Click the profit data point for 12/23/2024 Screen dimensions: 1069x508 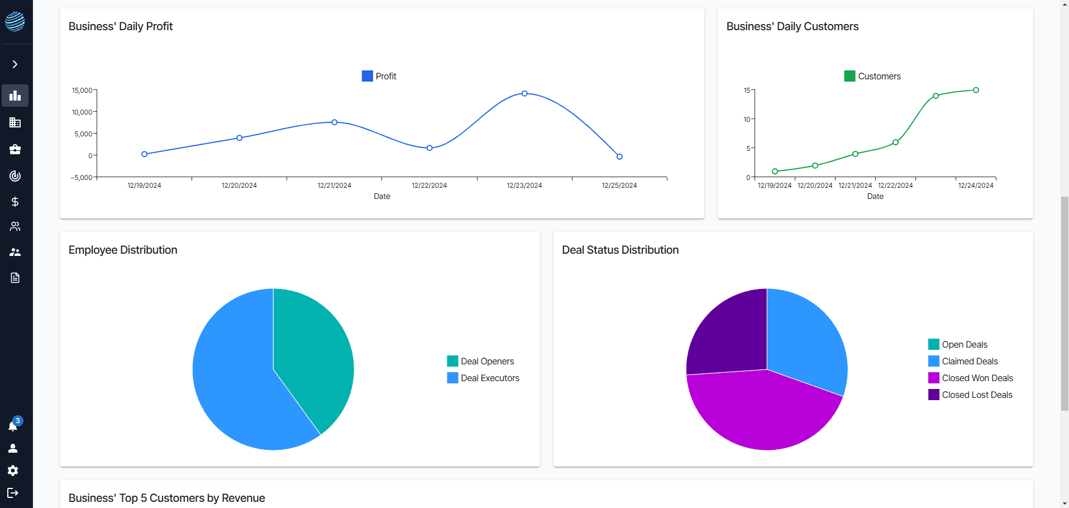click(x=524, y=93)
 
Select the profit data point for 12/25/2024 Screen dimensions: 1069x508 click(x=619, y=156)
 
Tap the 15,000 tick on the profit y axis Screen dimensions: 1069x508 click(x=82, y=91)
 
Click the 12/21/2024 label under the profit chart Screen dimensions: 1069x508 click(x=334, y=186)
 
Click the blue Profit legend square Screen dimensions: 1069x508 click(x=368, y=76)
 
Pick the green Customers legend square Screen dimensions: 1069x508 click(x=850, y=76)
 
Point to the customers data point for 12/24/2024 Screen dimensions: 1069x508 click(x=976, y=90)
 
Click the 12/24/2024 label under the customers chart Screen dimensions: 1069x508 click(x=976, y=186)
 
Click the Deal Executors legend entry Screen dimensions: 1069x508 click(x=483, y=378)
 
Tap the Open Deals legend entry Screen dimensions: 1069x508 click(x=958, y=344)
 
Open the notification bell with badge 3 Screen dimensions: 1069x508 click(x=13, y=425)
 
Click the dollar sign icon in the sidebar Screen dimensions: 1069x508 click(x=15, y=202)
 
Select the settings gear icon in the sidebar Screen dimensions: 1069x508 click(x=13, y=471)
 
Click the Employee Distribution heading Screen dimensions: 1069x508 click(x=123, y=250)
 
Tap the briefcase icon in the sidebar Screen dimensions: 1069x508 click(x=15, y=149)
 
